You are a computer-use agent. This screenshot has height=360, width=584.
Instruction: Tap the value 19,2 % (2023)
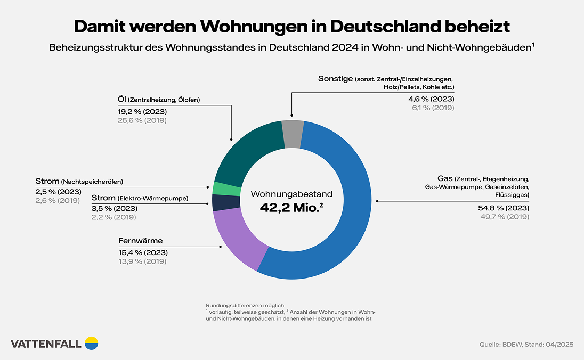coord(142,112)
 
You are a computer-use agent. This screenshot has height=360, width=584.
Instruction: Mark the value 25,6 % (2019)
coord(142,120)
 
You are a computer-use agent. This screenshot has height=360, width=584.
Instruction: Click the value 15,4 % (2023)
coord(142,253)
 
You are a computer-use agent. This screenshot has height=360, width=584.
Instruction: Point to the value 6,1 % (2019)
coord(432,108)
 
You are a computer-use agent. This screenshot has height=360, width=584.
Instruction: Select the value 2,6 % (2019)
coord(58,200)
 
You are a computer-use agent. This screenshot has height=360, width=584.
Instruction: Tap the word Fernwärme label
coord(141,241)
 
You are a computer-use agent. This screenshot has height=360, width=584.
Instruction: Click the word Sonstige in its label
coord(336,78)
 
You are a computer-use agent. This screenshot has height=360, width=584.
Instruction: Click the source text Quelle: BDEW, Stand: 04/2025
coord(526,345)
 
